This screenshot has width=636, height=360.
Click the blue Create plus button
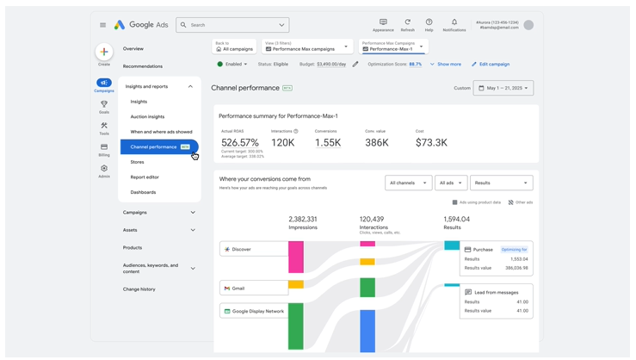[104, 52]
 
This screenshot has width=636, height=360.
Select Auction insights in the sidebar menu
[147, 116]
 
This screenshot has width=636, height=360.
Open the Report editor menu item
[145, 177]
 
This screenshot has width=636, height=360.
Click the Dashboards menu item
[143, 192]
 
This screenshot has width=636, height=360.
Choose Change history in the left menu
[139, 289]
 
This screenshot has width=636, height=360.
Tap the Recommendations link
[143, 66]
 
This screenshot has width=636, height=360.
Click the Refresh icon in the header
[408, 22]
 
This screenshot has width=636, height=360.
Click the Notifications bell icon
[454, 22]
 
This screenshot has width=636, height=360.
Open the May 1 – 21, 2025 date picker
[503, 88]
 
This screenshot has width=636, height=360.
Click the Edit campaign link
[491, 64]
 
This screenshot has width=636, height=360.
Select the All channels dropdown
[408, 183]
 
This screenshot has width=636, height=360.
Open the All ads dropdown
[450, 183]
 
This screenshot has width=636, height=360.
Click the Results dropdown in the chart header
[501, 183]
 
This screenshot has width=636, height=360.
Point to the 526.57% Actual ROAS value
[240, 143]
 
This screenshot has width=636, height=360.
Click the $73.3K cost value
[431, 143]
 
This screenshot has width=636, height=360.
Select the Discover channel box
[254, 249]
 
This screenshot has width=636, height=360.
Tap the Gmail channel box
[254, 289]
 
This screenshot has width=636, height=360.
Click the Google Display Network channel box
[254, 311]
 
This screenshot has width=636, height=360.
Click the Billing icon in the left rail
[104, 150]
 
